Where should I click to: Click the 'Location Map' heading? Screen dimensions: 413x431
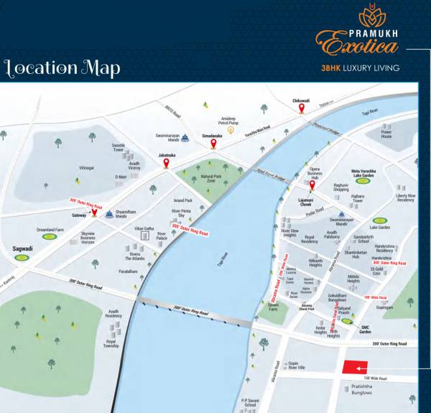point(62,69)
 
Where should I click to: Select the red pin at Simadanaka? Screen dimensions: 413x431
point(213,143)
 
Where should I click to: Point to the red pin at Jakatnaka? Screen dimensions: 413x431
point(167,163)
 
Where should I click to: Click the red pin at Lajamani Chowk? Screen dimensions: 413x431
point(310,192)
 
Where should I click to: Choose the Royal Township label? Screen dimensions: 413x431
point(111,343)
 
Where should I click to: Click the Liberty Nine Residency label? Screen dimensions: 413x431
point(405,198)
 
